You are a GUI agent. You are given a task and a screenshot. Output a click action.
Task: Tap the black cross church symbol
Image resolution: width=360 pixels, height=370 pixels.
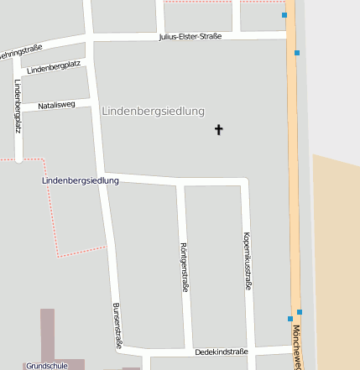tap(219, 130)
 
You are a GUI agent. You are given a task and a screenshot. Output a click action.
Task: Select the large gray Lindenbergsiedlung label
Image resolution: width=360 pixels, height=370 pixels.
tap(153, 112)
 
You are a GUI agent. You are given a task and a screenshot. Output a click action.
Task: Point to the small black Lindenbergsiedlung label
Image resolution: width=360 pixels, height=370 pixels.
tap(81, 180)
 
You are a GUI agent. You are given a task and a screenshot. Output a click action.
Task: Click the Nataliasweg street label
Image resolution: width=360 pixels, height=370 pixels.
tap(57, 105)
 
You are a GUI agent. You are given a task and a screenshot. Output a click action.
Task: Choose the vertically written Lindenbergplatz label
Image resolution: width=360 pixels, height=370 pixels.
tap(18, 107)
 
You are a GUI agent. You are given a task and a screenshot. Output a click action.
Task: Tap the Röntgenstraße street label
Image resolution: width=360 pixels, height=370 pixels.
tap(184, 267)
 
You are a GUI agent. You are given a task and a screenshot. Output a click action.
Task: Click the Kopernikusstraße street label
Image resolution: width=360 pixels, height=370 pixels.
tap(247, 261)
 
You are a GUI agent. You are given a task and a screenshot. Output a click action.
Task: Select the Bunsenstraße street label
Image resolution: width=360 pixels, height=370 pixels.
tap(117, 326)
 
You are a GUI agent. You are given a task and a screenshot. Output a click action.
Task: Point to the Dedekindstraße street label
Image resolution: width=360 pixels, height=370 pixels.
tap(222, 352)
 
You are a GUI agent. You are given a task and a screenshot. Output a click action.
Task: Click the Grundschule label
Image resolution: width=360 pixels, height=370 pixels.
tap(46, 366)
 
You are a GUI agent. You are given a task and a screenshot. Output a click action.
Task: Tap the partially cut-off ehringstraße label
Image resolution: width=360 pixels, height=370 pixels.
tap(19, 53)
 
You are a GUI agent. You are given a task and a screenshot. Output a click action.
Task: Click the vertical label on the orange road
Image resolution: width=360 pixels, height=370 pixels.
tap(297, 348)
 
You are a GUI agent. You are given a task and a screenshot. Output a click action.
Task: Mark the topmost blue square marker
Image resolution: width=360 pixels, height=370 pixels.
tap(284, 15)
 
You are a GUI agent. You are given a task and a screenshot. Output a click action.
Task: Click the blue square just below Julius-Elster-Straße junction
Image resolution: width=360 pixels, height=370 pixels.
tap(297, 53)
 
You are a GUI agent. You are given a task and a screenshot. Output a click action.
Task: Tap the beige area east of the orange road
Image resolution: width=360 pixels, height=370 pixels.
tap(336, 252)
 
